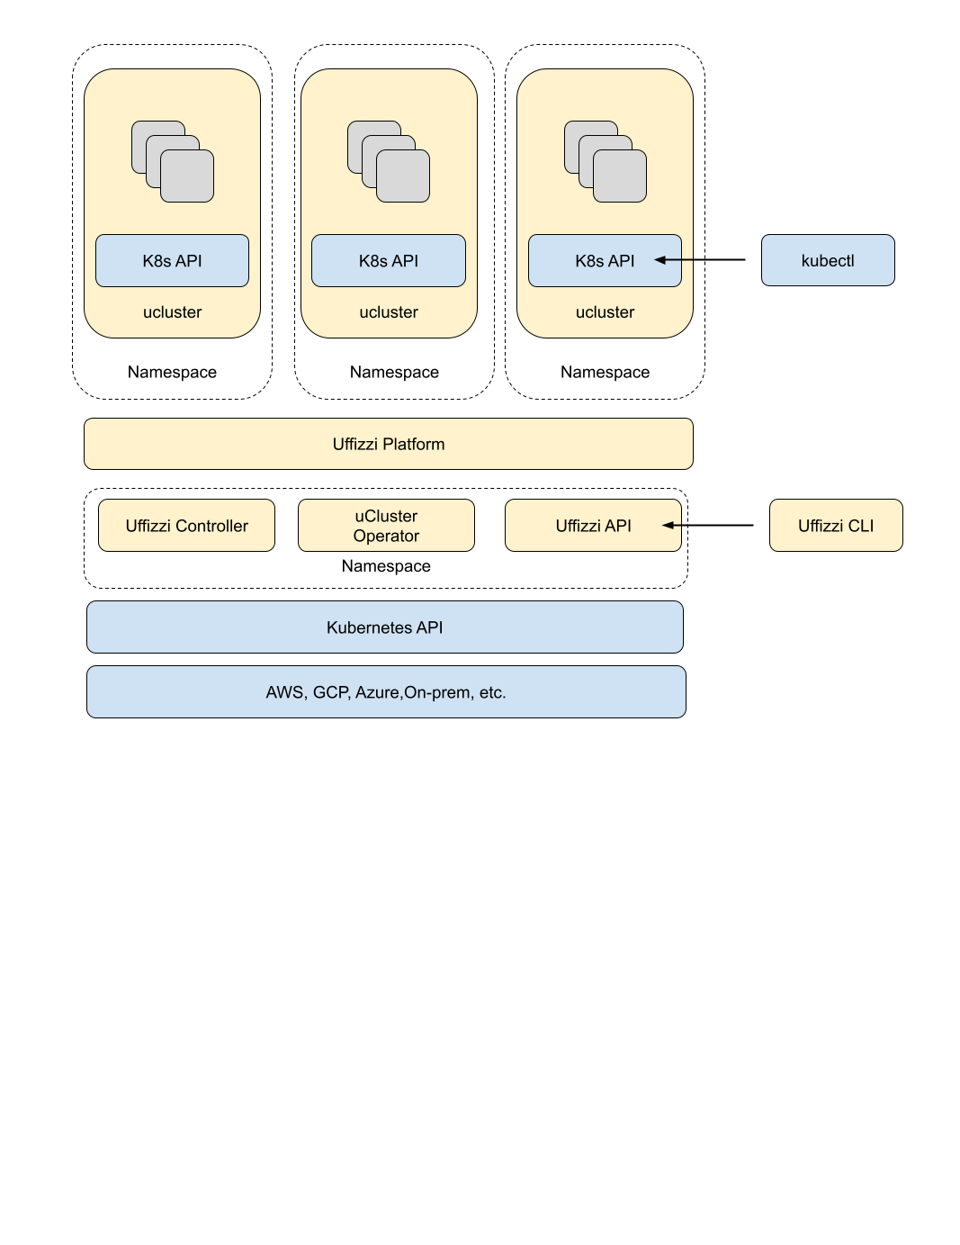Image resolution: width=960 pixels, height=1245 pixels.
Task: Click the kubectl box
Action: tap(828, 260)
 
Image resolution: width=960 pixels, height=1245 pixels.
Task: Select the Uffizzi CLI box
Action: tap(836, 525)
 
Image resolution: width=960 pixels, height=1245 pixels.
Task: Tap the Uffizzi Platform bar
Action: tap(388, 444)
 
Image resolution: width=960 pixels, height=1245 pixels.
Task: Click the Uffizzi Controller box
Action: tap(186, 525)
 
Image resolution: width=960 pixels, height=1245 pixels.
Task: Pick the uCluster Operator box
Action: tap(386, 525)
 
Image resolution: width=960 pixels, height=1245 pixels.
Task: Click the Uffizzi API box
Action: tap(593, 525)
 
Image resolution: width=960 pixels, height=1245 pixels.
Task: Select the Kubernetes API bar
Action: tap(384, 627)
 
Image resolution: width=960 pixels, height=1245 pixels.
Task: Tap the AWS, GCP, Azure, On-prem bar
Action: tap(386, 691)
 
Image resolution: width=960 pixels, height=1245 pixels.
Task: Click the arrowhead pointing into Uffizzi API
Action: tap(668, 525)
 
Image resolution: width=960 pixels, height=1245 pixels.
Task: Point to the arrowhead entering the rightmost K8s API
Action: tap(660, 260)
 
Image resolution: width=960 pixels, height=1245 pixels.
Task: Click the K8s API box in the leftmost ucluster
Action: tap(172, 260)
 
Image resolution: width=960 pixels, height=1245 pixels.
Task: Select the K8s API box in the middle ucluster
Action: tap(388, 260)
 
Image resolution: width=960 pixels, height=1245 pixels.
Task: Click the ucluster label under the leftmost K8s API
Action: tap(172, 312)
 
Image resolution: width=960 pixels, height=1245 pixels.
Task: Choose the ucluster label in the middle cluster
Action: tap(388, 312)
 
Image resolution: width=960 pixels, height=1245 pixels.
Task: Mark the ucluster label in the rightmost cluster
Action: tap(605, 312)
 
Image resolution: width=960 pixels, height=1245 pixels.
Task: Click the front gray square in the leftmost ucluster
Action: tap(187, 176)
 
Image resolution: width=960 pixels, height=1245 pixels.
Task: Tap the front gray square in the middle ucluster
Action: tap(403, 176)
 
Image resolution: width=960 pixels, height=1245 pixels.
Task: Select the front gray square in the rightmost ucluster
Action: tap(620, 176)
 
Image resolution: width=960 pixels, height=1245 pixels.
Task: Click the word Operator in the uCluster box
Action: tap(386, 536)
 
